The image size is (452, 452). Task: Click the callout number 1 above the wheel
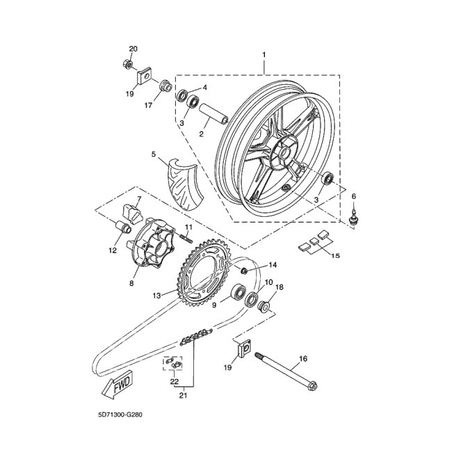[x=264, y=54]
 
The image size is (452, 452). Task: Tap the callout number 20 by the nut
[x=134, y=49]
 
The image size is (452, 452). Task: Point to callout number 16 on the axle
[x=302, y=360]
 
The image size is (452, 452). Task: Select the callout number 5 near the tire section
[x=153, y=153]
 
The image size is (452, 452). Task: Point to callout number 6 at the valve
[x=353, y=197]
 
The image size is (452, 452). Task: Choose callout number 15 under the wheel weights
[x=335, y=256]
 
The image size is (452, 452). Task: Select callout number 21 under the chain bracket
[x=183, y=396]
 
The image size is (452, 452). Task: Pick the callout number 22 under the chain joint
[x=174, y=382]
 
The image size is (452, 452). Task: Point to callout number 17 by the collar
[x=148, y=106]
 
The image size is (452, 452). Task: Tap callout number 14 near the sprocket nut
[x=273, y=265]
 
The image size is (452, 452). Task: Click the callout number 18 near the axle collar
[x=280, y=286]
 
